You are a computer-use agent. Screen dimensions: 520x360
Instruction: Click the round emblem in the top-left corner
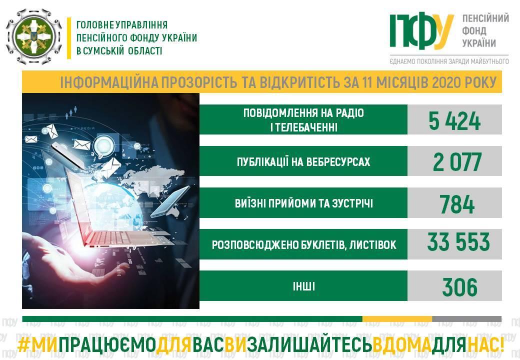coord(34,37)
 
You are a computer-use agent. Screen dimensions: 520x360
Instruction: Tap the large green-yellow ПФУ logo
coord(421,31)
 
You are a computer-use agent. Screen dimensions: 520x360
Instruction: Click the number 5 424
coord(454,121)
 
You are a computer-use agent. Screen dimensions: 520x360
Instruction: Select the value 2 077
coord(457,162)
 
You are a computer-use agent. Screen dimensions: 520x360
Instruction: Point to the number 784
coord(457,204)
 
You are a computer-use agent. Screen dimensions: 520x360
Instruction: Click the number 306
coord(459,286)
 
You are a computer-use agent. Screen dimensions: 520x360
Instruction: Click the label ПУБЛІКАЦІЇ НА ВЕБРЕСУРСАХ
coord(303,162)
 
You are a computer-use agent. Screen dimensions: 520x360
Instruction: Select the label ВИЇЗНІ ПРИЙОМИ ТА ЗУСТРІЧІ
coord(304,203)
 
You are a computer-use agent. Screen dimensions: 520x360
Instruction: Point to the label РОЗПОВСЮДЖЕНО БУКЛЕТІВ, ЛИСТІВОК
coord(304,245)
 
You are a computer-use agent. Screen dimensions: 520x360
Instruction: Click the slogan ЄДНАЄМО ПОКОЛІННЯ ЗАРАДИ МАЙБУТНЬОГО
coord(449,61)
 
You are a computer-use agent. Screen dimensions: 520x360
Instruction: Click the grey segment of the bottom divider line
coord(467,319)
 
